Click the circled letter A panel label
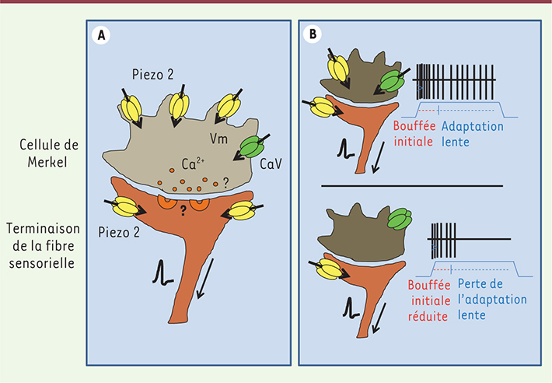101,36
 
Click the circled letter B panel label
313,34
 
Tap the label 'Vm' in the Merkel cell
218,139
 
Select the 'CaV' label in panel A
271,163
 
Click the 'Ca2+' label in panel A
193,163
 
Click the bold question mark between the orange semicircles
183,210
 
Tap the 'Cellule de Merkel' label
48,153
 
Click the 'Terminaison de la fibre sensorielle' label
43,245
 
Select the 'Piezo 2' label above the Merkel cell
153,75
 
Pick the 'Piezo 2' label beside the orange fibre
119,233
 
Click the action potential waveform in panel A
162,272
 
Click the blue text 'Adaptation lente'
473,134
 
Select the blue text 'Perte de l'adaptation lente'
492,299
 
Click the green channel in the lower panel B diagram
400,219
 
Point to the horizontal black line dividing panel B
412,186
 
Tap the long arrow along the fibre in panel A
205,279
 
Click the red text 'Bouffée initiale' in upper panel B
414,134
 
